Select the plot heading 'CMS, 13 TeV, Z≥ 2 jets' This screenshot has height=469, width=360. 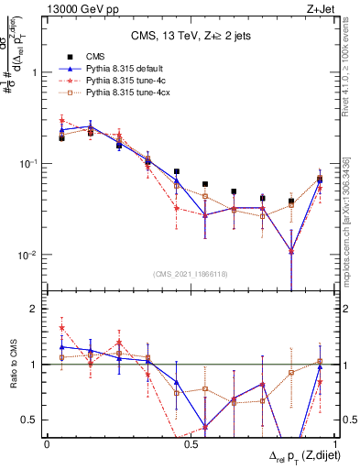(189, 37)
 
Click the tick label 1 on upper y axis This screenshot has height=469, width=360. (35, 72)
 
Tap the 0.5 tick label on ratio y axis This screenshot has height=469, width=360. (30, 420)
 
